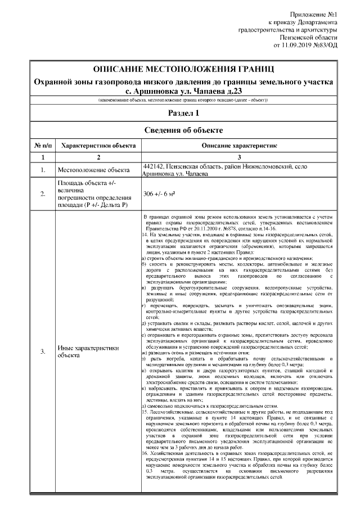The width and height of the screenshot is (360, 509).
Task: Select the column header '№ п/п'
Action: [43, 145]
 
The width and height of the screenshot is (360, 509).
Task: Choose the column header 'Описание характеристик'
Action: [240, 145]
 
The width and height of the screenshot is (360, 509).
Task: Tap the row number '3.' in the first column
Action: [43, 352]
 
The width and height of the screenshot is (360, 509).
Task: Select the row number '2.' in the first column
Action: [43, 194]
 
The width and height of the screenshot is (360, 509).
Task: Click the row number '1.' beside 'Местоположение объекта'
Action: [43, 170]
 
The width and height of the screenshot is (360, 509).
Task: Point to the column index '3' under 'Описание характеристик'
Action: [240, 157]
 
